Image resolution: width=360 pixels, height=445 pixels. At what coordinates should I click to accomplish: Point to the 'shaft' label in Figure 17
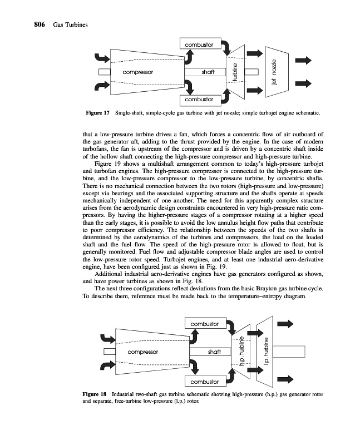[208, 72]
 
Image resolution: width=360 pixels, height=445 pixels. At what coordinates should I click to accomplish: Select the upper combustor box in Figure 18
[204, 323]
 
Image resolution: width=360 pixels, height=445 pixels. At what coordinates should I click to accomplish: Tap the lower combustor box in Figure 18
[204, 382]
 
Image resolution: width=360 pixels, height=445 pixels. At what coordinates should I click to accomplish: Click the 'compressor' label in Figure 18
[143, 352]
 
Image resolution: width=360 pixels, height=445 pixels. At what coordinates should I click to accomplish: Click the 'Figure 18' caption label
[95, 394]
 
